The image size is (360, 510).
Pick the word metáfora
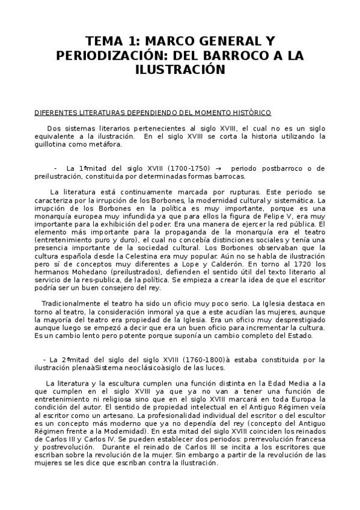106,144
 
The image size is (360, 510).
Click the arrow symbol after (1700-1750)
218,168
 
